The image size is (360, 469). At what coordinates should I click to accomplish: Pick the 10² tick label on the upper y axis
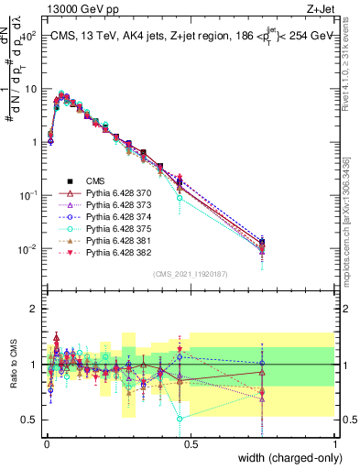pos(29,36)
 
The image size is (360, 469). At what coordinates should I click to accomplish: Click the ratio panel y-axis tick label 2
pos(34,309)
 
